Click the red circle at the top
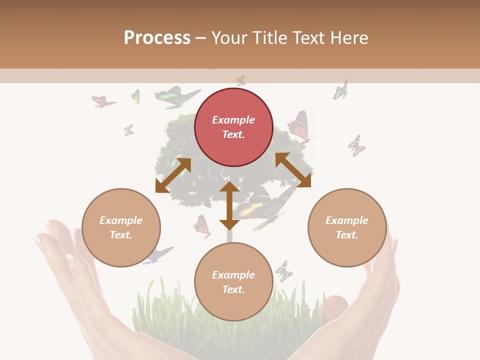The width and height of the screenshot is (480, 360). [233, 127]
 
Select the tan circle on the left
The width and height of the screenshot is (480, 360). [121, 227]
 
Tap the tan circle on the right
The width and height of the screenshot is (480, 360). [347, 227]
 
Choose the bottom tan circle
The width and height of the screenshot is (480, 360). [233, 281]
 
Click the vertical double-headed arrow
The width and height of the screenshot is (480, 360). [229, 205]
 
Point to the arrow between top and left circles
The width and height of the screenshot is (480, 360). [173, 175]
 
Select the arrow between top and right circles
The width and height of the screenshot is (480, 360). [293, 170]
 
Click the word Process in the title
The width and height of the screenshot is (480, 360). [157, 37]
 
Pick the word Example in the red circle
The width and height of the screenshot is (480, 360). [233, 120]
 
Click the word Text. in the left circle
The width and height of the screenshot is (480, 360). [121, 235]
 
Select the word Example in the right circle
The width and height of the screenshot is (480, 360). [347, 220]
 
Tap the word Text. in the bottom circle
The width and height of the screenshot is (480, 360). [233, 289]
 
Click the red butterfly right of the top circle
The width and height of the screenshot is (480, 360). [298, 127]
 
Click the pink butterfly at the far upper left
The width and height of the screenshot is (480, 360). [103, 101]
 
